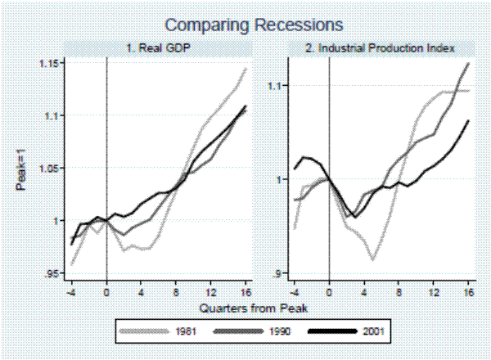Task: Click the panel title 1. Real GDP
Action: click(158, 48)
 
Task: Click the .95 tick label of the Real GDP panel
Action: click(53, 273)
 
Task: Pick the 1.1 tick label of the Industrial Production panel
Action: click(275, 85)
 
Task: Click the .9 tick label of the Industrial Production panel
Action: click(278, 273)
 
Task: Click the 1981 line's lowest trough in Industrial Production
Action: click(373, 259)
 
